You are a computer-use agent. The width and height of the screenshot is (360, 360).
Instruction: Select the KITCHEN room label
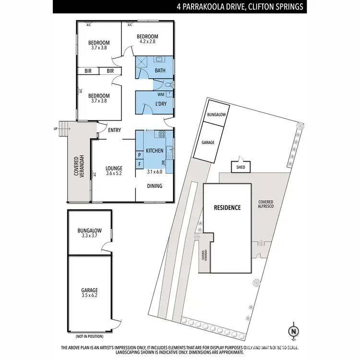click(x=155, y=151)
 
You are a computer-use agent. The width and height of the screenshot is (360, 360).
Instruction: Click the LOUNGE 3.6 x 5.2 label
click(x=114, y=171)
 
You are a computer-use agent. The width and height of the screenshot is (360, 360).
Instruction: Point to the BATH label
click(x=160, y=71)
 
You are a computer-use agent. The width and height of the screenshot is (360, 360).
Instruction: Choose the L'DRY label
click(x=161, y=103)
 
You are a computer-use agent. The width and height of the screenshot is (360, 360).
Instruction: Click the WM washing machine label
click(x=161, y=95)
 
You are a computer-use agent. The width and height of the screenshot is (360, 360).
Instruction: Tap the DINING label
click(x=155, y=186)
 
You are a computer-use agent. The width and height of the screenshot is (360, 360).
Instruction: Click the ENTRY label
click(x=114, y=130)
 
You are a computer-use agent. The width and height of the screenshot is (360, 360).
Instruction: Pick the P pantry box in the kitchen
click(x=140, y=155)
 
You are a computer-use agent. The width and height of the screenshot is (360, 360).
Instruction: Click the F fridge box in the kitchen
click(x=140, y=164)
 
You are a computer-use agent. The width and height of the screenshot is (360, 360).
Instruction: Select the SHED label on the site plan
click(x=239, y=168)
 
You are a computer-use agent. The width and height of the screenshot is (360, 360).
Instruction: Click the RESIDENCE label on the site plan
click(x=227, y=208)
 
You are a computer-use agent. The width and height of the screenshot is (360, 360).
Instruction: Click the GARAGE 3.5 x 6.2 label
click(x=90, y=293)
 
